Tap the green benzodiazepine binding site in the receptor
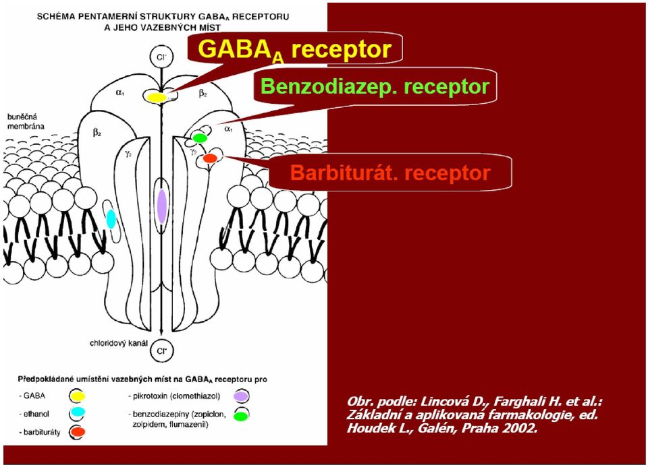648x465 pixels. coord(200,137)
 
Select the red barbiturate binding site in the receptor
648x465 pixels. coord(210,158)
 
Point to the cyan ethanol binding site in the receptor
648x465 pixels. coord(111,218)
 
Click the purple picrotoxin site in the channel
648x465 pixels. coord(162,206)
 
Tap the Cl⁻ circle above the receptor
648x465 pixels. coord(161,57)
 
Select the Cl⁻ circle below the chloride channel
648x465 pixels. coord(161,351)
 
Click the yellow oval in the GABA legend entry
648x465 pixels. coord(77,396)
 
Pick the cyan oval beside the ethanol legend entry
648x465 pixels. coord(77,412)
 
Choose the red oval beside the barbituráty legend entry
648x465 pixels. coord(78,432)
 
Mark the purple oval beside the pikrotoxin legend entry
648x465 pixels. coord(240,396)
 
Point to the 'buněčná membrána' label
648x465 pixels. coord(26,122)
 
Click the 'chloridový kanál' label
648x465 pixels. coord(119,343)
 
